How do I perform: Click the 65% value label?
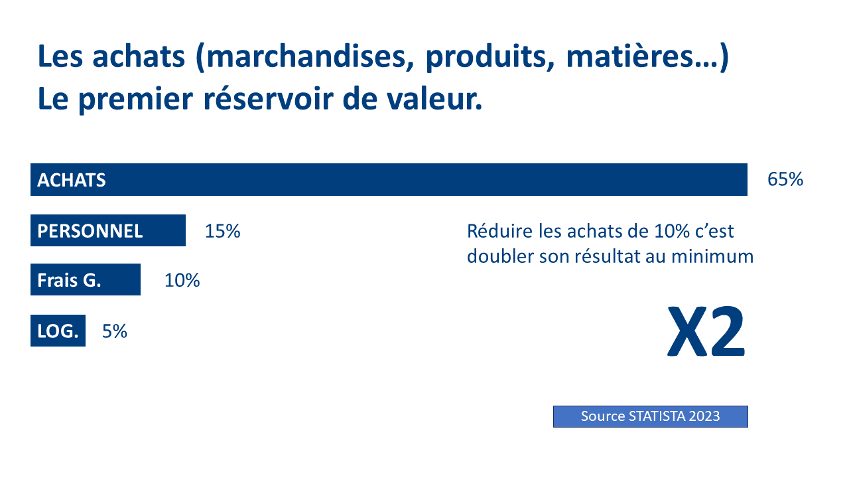785,179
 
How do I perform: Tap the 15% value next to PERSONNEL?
222,231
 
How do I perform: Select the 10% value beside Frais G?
182,280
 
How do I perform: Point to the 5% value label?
115,331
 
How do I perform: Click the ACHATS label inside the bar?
71,180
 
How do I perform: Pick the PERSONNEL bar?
108,230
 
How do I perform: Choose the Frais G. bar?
86,279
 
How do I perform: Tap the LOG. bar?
58,331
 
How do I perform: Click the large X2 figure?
706,331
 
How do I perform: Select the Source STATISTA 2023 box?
651,416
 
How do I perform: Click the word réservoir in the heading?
269,99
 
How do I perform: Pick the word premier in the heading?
136,100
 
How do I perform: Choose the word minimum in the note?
712,256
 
